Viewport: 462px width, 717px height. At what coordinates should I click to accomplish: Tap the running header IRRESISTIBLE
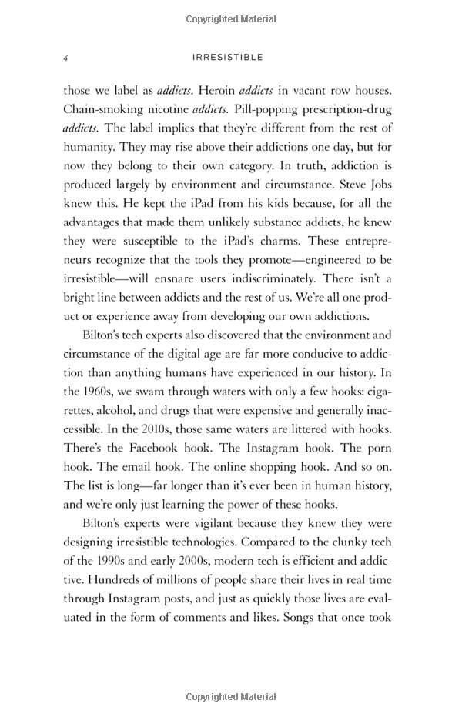[x=231, y=58]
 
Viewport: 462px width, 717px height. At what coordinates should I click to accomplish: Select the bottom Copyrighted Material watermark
[x=231, y=697]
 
